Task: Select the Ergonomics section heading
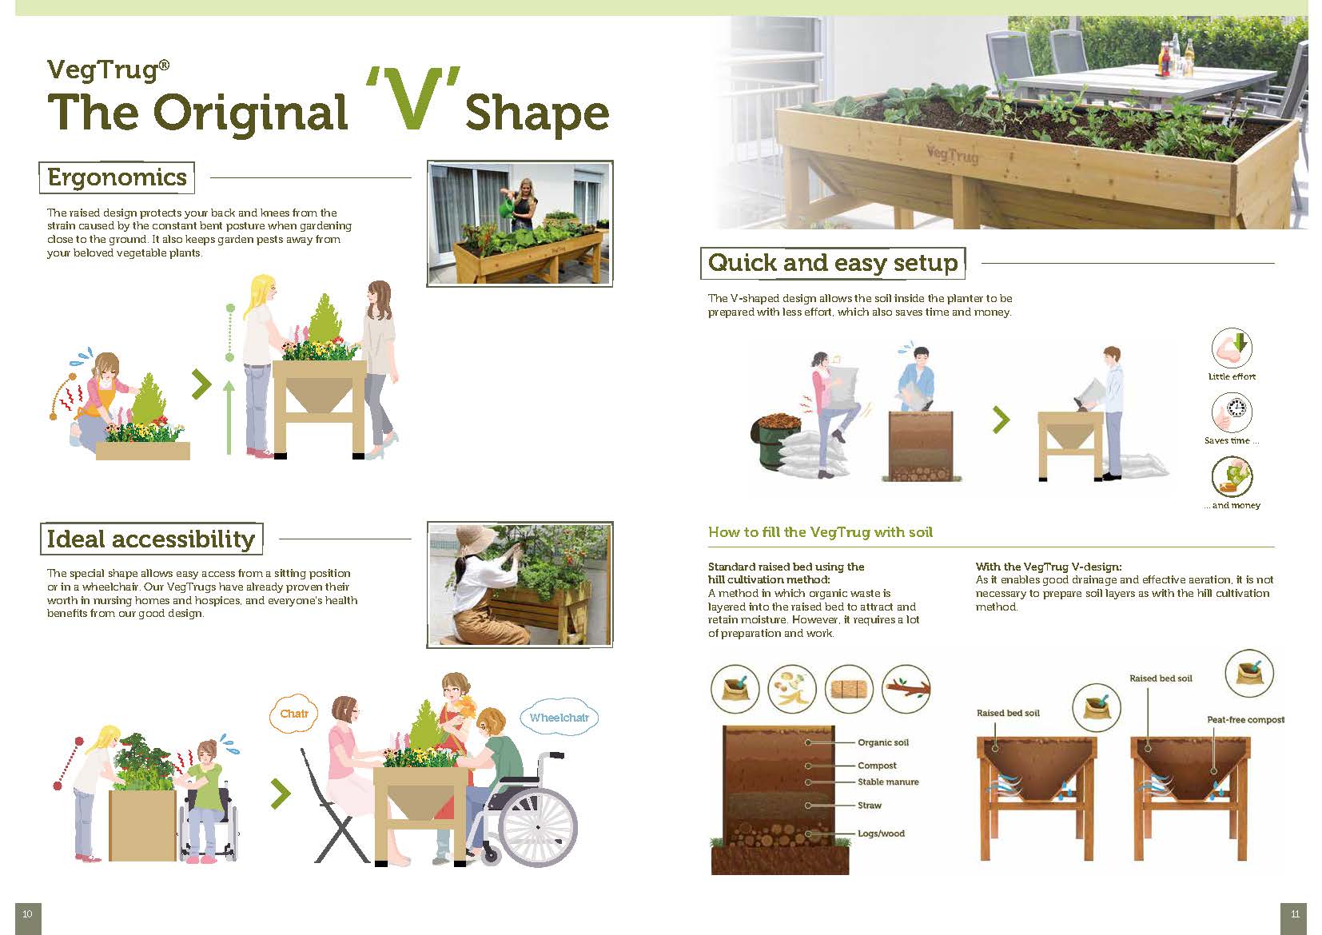117,177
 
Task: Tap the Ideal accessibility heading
151,539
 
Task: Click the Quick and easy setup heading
833,263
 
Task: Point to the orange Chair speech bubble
294,714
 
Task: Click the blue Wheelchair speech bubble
559,718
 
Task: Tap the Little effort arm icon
1232,348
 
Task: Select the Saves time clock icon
1232,412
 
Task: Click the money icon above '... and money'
1232,476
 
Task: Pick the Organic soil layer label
883,742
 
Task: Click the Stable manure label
888,782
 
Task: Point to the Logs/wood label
881,834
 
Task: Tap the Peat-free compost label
1246,720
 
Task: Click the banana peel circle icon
792,688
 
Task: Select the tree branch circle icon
906,688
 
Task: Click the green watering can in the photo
508,206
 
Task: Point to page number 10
28,914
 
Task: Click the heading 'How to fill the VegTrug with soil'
820,532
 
